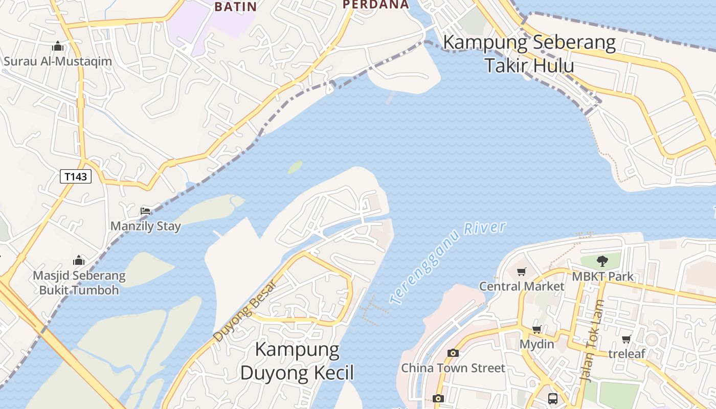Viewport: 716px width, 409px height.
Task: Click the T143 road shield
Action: tap(76, 177)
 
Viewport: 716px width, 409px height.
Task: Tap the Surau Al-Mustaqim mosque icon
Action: tap(58, 47)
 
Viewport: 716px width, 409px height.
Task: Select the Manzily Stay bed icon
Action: tap(145, 211)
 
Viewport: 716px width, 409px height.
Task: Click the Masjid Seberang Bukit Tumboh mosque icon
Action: tap(79, 260)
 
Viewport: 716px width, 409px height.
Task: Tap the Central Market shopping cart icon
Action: tap(521, 272)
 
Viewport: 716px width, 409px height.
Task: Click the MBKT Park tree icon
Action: tap(602, 261)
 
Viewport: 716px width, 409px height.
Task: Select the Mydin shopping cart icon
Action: tap(536, 330)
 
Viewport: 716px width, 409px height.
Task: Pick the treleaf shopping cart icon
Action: tap(626, 339)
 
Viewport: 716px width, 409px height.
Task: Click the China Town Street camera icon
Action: tap(453, 353)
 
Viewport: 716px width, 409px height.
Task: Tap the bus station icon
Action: tap(552, 398)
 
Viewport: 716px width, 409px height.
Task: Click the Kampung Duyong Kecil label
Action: tap(297, 361)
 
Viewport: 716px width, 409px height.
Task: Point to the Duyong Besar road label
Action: tap(244, 311)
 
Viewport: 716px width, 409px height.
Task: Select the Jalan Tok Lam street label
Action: tap(592, 342)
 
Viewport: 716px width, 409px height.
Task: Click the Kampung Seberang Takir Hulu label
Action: tap(529, 54)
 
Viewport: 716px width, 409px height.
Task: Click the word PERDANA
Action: tap(376, 5)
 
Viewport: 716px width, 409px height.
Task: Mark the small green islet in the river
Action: tap(295, 167)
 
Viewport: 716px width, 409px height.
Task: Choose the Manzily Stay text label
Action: tap(146, 226)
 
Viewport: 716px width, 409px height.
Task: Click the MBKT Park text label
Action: tap(602, 277)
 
